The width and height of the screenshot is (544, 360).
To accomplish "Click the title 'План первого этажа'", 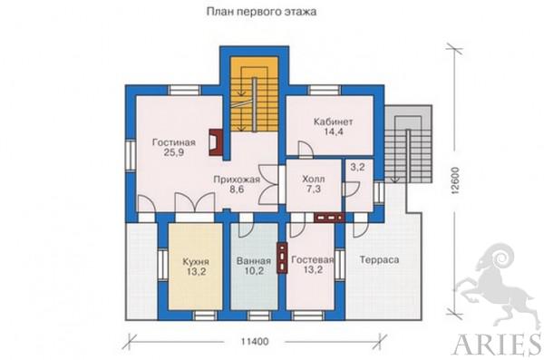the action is (262, 12).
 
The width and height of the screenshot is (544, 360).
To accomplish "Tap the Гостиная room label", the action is (174, 142).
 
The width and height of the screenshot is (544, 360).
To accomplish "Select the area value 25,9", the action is (173, 152).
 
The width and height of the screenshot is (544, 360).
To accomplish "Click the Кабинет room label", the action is (333, 122).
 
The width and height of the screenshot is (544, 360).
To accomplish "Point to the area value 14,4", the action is (334, 131).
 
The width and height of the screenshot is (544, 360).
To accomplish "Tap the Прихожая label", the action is (237, 180).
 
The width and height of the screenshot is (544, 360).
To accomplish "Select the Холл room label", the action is (314, 180).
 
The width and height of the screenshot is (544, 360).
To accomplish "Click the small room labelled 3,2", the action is (357, 168).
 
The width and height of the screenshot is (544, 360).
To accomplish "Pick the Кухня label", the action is (196, 261).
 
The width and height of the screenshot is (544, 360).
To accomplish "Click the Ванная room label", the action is (254, 261).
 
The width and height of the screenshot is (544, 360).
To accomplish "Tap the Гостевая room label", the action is (313, 260).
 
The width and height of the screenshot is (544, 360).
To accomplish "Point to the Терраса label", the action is (379, 259).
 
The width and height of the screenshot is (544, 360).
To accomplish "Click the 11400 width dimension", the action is (255, 342).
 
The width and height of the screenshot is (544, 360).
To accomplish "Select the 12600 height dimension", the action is (455, 180).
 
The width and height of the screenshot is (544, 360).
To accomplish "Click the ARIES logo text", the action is (498, 345).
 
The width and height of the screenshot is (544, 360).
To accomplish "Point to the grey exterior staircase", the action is (408, 143).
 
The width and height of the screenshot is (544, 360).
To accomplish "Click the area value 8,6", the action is (237, 190).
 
